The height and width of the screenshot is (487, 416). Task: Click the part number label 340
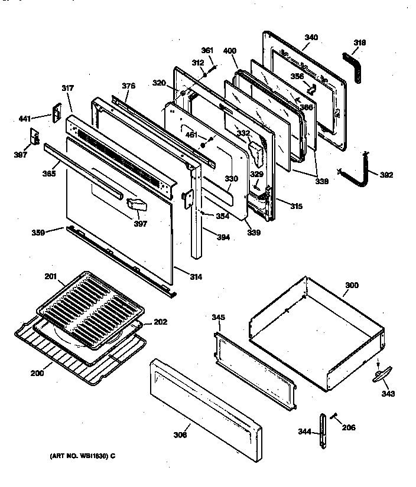point(311,37)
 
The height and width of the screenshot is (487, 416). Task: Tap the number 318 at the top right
point(360,43)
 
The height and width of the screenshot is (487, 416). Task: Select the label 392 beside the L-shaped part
point(385,175)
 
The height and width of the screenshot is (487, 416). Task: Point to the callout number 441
point(24,119)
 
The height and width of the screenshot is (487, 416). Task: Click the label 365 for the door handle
point(49,175)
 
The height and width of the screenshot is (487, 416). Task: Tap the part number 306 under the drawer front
point(180,435)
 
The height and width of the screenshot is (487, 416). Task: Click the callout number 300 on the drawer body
point(351,285)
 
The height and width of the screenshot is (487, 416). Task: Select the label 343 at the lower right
point(388,394)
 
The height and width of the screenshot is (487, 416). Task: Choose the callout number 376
point(129,86)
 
